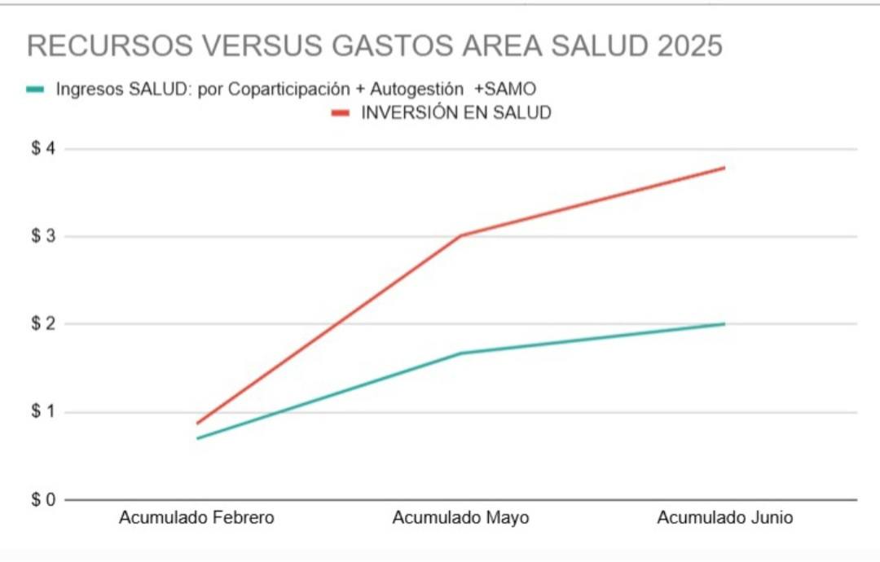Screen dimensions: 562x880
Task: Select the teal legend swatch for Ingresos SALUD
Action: [34, 89]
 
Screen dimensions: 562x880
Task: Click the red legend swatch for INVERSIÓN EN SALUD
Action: [340, 113]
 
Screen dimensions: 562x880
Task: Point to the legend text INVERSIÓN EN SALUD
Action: [455, 113]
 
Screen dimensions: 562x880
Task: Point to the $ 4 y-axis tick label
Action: [42, 149]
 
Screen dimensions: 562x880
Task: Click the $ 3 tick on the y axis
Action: [42, 236]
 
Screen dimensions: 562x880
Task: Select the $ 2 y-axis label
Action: [42, 324]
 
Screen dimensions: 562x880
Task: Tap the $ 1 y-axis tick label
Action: [42, 412]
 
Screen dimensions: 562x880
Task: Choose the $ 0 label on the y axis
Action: [42, 499]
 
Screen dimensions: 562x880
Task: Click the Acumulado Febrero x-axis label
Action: [196, 518]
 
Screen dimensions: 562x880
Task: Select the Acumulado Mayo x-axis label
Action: [460, 518]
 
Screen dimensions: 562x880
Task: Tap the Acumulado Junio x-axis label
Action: [724, 518]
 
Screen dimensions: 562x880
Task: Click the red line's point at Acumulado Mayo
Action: [460, 236]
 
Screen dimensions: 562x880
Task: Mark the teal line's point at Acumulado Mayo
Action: [460, 353]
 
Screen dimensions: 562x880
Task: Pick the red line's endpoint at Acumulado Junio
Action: [724, 168]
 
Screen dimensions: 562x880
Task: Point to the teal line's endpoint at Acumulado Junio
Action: [724, 324]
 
